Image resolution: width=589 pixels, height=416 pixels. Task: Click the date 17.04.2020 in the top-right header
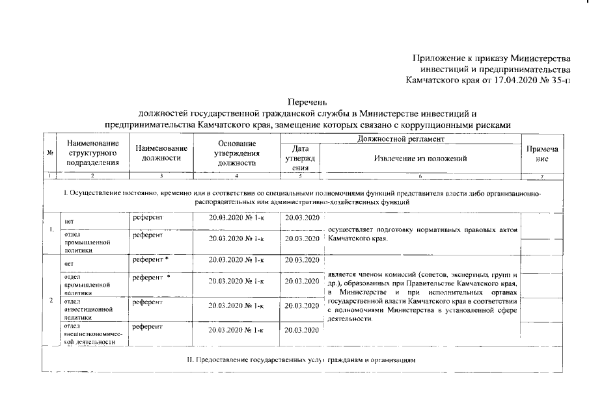506,81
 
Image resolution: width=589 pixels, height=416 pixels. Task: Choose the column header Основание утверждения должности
236,153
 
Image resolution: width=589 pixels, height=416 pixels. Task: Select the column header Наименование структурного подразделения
92,153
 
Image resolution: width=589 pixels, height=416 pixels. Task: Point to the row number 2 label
51,301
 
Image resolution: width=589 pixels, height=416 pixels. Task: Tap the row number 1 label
51,229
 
